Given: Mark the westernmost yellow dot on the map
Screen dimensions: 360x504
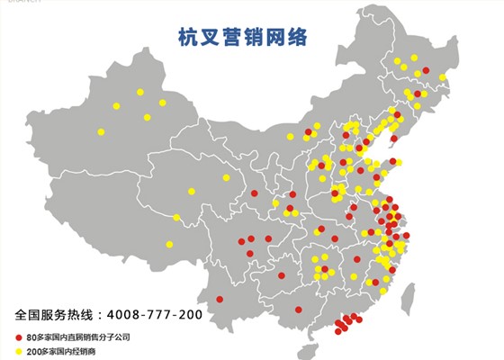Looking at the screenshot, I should coord(101,132).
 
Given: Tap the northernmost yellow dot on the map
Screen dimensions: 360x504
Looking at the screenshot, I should coord(415,58).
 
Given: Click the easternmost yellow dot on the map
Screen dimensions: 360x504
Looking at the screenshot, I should coord(443,77).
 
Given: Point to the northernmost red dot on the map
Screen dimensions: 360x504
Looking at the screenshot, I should coord(426,70).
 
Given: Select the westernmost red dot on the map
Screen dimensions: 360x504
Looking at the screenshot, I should coord(220,300).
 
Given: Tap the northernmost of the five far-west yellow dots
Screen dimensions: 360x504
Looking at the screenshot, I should coord(139,91).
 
